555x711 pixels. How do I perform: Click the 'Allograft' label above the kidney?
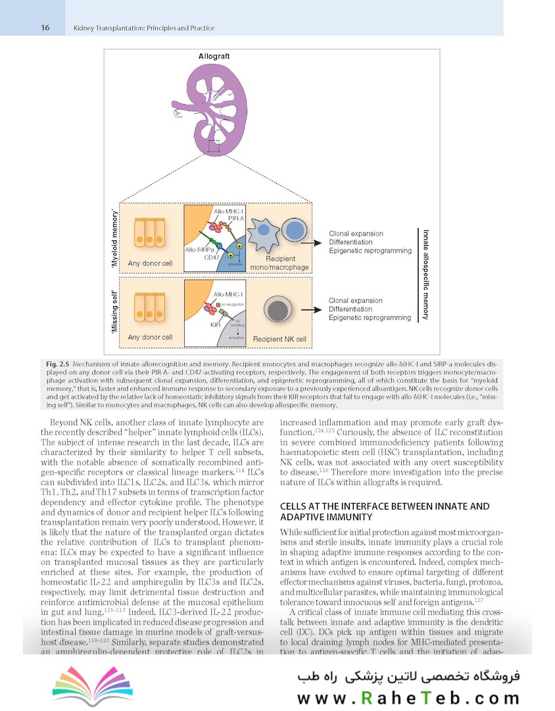(214, 57)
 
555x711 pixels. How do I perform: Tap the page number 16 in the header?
(45, 28)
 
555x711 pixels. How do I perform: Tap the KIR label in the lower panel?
(214, 325)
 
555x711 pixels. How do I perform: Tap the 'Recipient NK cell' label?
(279, 339)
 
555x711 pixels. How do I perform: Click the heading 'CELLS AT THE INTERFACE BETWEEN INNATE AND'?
(385, 506)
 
